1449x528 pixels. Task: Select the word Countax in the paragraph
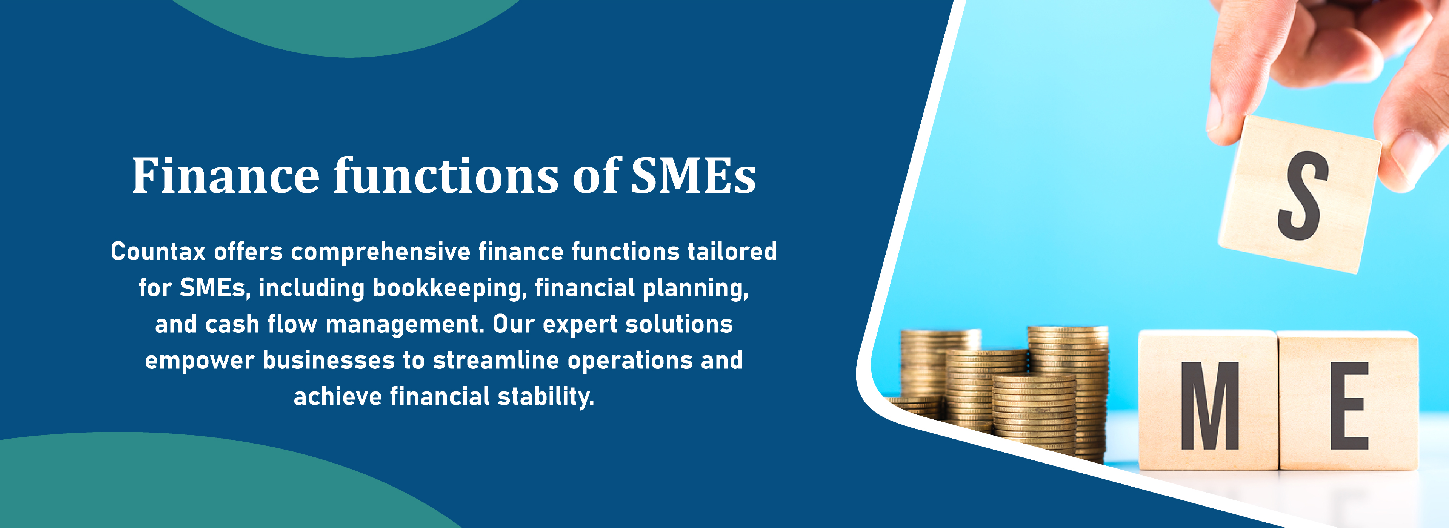[158, 251]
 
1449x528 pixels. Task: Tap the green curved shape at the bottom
[214, 483]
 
